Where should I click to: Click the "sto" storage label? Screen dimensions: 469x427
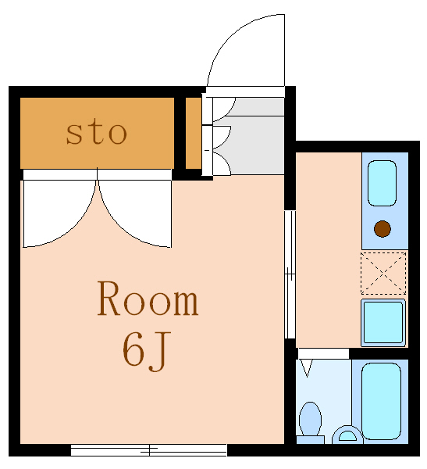96,133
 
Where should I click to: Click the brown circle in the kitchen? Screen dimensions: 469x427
382,229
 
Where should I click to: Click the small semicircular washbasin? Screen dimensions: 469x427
346,435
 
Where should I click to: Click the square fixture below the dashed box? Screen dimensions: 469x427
383,320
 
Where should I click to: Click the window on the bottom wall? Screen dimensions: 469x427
148,450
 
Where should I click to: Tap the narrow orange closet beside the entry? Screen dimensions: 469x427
193,133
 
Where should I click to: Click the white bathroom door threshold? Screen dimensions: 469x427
322,353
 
